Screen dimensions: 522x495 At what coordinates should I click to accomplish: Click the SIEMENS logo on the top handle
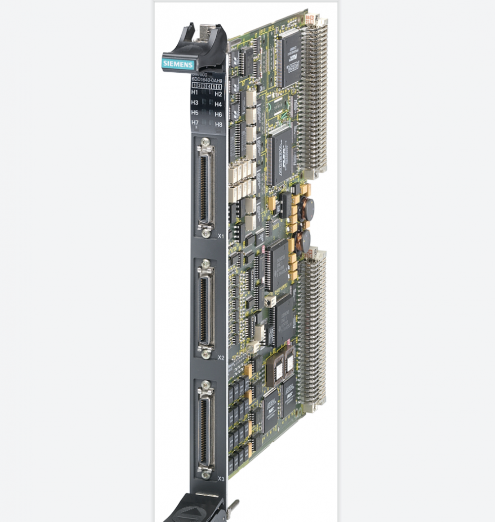pyautogui.click(x=179, y=63)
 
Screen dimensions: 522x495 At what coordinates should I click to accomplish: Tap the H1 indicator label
pyautogui.click(x=195, y=93)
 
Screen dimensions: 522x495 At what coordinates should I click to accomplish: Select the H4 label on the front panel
pyautogui.click(x=218, y=104)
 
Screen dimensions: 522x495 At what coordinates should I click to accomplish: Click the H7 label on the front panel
pyautogui.click(x=195, y=122)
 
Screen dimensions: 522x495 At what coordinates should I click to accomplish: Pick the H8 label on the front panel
pyautogui.click(x=218, y=124)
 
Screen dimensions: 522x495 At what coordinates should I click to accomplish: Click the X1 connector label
pyautogui.click(x=221, y=236)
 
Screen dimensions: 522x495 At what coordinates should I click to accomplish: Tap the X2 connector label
pyautogui.click(x=221, y=357)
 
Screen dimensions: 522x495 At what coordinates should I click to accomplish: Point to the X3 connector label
pyautogui.click(x=221, y=478)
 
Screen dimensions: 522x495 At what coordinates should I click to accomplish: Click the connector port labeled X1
pyautogui.click(x=205, y=187)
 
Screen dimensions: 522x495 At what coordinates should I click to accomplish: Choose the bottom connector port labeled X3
pyautogui.click(x=205, y=429)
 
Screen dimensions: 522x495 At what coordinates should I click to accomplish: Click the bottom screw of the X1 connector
pyautogui.click(x=205, y=230)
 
